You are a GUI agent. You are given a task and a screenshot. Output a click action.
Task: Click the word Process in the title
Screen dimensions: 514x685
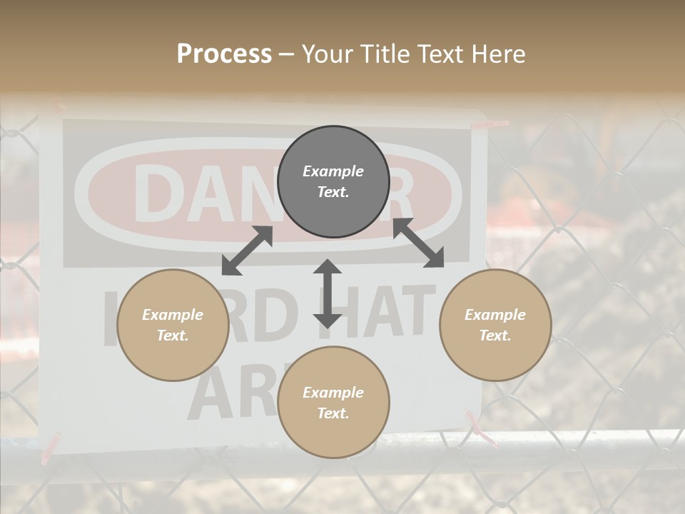[x=224, y=54]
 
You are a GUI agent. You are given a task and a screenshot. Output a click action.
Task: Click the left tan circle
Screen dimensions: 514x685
[x=173, y=325]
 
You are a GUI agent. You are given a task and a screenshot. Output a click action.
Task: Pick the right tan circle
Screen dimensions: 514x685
[x=495, y=325]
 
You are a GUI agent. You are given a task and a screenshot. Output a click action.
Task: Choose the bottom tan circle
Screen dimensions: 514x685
[x=333, y=403]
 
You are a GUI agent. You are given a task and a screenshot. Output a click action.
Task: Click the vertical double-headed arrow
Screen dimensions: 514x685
[x=328, y=293]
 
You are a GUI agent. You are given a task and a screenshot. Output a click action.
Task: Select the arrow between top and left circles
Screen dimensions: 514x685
[x=247, y=250]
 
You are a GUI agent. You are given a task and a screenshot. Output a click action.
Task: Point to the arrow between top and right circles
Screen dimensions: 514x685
[x=418, y=243]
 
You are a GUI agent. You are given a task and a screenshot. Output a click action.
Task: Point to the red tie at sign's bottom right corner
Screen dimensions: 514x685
[x=476, y=426]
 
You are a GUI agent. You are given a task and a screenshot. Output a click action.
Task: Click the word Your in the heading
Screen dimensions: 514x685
[x=327, y=54]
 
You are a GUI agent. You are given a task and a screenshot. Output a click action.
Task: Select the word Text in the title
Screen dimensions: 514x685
[x=437, y=54]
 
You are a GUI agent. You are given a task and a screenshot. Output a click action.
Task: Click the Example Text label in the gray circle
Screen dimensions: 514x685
[x=333, y=181]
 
